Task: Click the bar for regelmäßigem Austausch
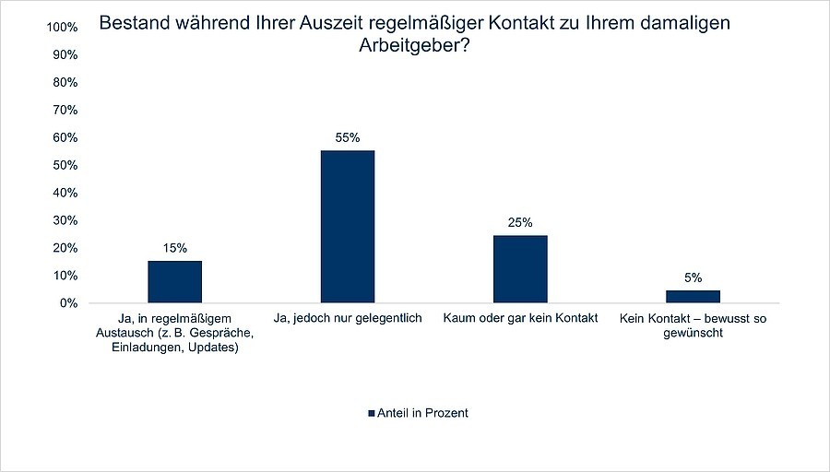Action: click(174, 282)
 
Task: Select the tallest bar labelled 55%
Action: click(347, 227)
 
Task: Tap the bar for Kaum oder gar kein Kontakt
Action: click(520, 269)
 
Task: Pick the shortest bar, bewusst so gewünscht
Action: click(693, 297)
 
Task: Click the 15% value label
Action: click(175, 248)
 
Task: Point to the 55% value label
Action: click(347, 137)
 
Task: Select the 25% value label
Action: click(520, 222)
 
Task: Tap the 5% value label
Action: click(694, 277)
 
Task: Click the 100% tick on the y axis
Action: click(61, 28)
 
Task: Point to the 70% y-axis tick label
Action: click(64, 111)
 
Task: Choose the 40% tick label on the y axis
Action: click(64, 193)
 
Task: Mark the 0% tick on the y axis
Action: click(67, 303)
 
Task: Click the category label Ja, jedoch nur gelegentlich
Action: click(347, 318)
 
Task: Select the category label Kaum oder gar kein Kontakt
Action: click(520, 318)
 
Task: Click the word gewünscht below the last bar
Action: click(694, 333)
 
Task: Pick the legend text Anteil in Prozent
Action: click(422, 413)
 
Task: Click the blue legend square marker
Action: click(372, 413)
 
